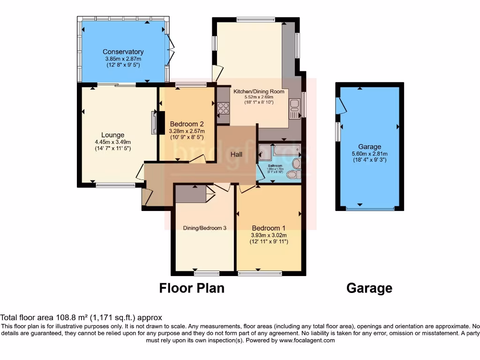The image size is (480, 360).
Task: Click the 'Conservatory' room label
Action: click(123, 52)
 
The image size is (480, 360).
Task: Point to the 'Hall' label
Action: click(236, 154)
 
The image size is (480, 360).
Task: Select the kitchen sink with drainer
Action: click(294, 109)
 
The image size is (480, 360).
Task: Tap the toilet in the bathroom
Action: click(292, 174)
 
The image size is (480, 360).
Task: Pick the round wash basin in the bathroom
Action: click(296, 164)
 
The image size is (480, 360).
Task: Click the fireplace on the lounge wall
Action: click(154, 123)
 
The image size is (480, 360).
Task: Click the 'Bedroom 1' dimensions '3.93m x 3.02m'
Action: click(269, 235)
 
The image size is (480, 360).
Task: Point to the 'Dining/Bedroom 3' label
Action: click(204, 228)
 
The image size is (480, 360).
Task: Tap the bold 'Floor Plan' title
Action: click(192, 288)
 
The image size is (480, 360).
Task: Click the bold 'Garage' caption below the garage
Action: click(369, 288)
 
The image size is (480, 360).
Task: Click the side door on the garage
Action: click(341, 106)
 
